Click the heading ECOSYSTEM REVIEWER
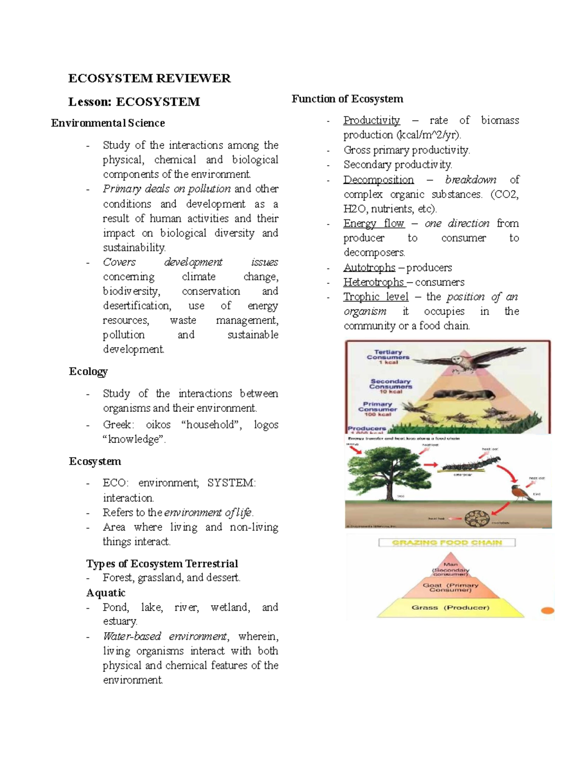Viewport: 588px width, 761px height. coord(149,78)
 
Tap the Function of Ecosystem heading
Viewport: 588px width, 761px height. coord(347,99)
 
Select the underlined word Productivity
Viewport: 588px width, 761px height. coord(371,120)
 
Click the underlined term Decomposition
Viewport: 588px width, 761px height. coord(378,179)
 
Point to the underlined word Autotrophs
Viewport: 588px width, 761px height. coord(369,268)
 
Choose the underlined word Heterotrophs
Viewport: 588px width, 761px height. coord(373,282)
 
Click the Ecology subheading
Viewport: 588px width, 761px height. coord(88,371)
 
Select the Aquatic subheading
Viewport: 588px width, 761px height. coord(106,593)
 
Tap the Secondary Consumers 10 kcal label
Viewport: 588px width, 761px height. coord(391,386)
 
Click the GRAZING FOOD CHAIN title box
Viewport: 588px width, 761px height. coord(447,542)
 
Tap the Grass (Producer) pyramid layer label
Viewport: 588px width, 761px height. coord(450,608)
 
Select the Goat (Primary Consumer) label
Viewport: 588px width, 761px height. coord(450,587)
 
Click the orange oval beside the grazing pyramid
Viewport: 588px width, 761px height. coord(547,611)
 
